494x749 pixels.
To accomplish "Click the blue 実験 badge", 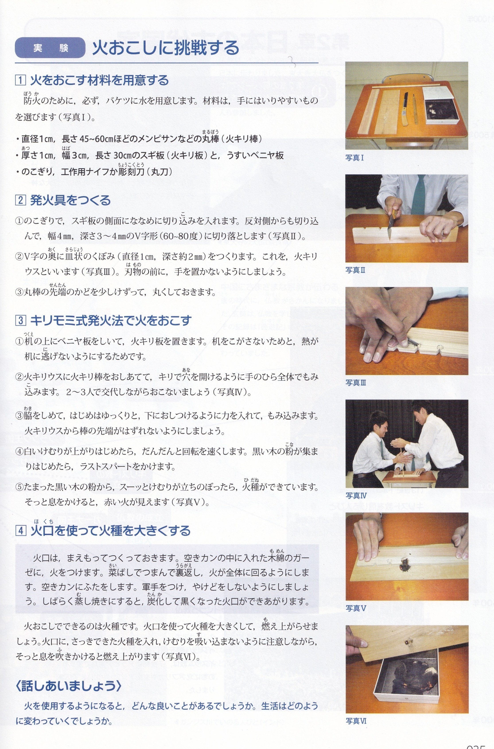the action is click(x=50, y=48).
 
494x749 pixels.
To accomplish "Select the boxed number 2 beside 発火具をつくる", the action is click(x=20, y=200).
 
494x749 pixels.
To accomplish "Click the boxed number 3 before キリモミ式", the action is click(x=20, y=320).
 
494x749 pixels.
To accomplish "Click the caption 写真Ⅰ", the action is click(x=355, y=158).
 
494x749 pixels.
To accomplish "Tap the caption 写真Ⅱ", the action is click(x=355, y=270).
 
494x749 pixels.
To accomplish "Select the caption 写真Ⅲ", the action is click(x=356, y=383).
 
